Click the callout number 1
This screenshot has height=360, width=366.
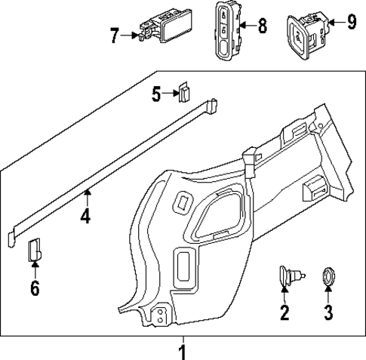point(182,351)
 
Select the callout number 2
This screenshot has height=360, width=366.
point(284,312)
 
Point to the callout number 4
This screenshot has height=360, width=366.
point(86,217)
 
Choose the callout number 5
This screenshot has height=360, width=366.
point(157,94)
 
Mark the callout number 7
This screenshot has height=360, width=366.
point(115,34)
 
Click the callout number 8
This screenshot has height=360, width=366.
point(262,26)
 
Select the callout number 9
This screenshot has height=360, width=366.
point(351,21)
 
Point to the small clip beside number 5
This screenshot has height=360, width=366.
point(183,92)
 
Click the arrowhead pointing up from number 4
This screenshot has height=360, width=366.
point(86,195)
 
